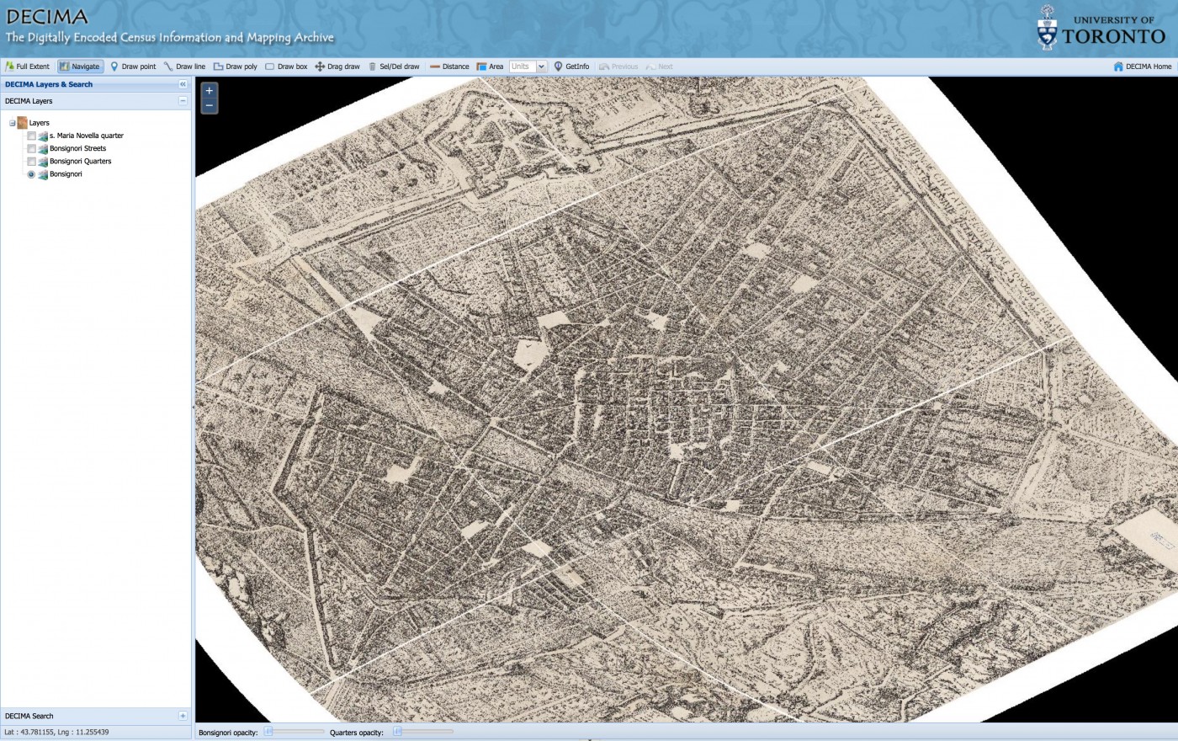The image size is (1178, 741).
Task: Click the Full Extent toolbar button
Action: (x=28, y=67)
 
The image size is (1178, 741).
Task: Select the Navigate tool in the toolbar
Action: (x=81, y=67)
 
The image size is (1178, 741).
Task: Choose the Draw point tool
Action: (x=133, y=67)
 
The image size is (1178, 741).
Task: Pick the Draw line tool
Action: (x=184, y=67)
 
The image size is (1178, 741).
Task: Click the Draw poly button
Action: (x=236, y=67)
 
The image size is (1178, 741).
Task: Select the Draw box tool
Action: (x=286, y=67)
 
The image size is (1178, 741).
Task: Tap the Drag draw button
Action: (x=337, y=67)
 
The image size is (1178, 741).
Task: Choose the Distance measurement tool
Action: (x=449, y=67)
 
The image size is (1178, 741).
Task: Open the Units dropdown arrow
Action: (x=542, y=67)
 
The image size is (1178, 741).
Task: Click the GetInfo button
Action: (x=571, y=67)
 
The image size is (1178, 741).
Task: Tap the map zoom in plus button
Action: (x=210, y=91)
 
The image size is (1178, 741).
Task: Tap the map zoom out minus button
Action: (x=210, y=106)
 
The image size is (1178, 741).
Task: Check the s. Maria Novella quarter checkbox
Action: (x=32, y=136)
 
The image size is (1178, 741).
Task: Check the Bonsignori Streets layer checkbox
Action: (x=32, y=148)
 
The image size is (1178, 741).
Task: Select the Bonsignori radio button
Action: (x=32, y=174)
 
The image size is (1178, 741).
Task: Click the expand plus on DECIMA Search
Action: (x=183, y=716)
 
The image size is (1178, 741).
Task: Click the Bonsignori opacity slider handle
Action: (x=268, y=732)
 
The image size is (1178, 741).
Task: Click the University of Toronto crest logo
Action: (x=1047, y=28)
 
